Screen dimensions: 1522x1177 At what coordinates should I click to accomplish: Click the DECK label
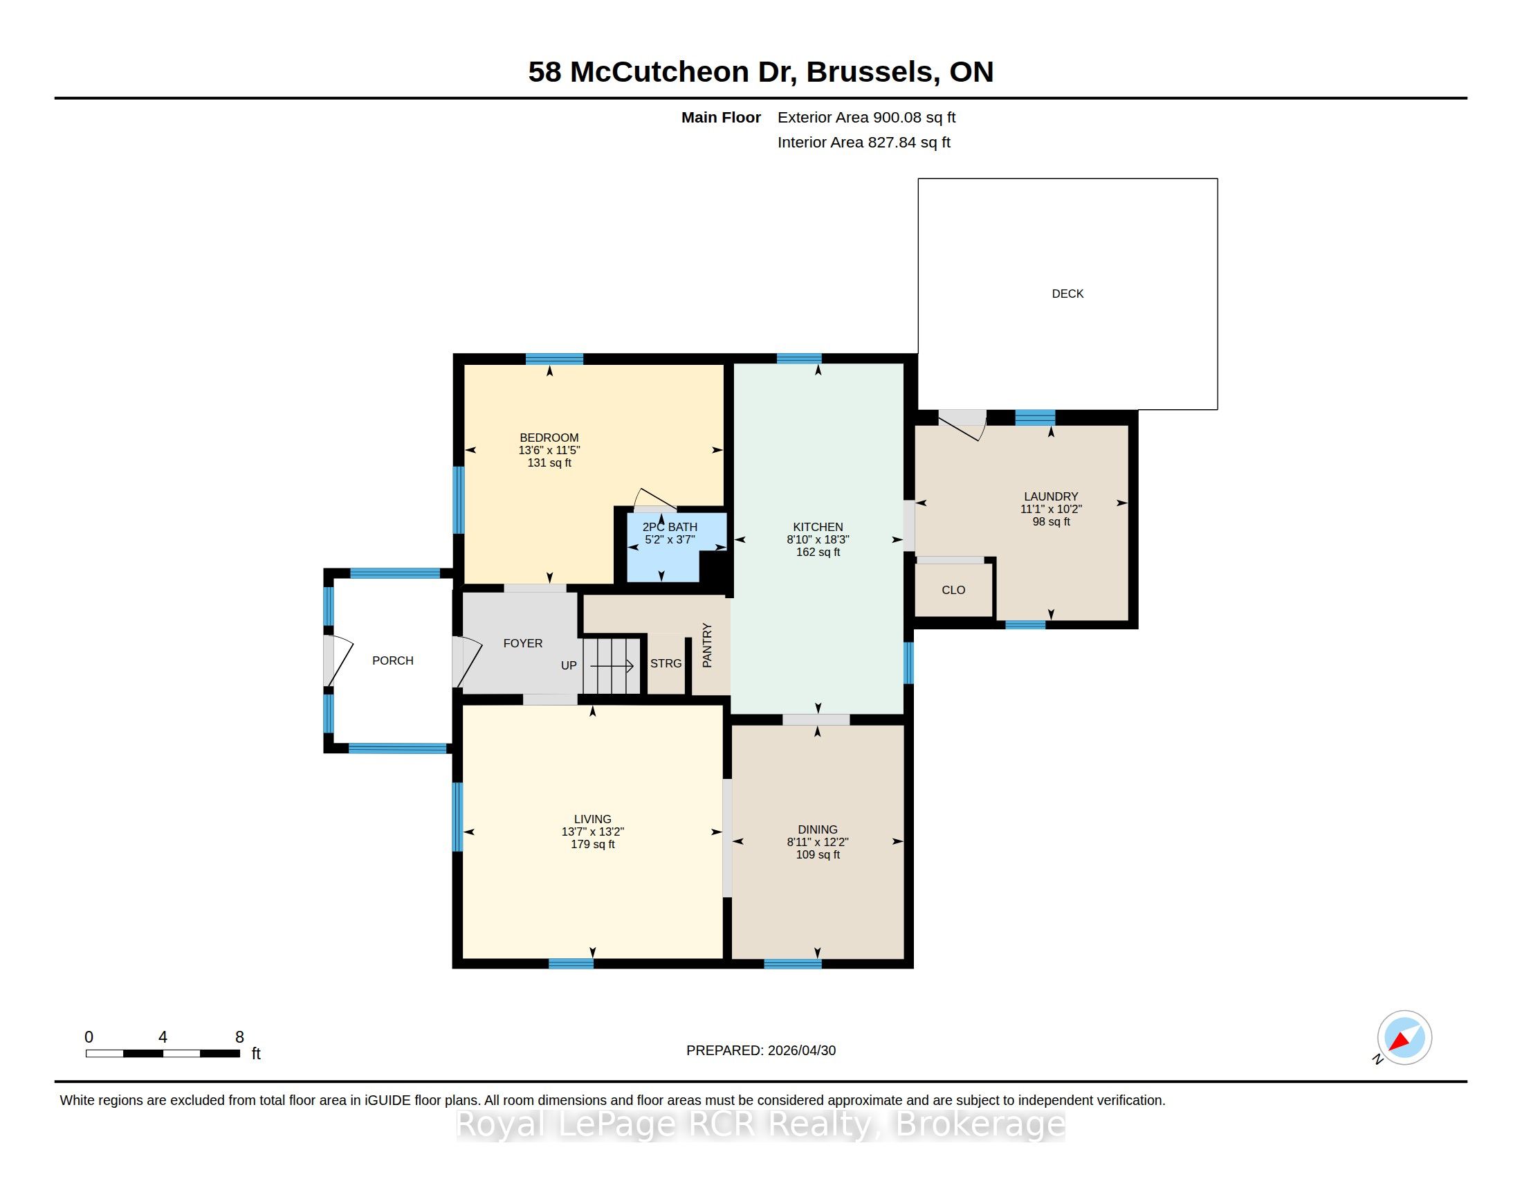(1067, 294)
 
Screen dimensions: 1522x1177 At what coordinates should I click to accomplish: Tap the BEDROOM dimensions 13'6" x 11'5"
(549, 451)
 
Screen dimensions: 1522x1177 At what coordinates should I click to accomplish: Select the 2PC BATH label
(670, 527)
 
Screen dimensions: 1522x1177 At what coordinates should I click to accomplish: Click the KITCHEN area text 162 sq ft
(818, 552)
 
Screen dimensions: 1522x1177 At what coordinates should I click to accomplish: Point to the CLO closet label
(953, 590)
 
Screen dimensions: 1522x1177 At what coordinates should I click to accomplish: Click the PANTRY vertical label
(707, 646)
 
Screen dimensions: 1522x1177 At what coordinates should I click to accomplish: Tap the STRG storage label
(666, 663)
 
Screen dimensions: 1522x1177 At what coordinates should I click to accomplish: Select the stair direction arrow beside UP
(611, 666)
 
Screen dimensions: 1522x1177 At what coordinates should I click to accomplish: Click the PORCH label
(392, 661)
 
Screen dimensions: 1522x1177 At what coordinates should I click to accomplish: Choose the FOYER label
(522, 643)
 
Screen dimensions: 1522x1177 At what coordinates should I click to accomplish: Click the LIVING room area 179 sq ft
(592, 845)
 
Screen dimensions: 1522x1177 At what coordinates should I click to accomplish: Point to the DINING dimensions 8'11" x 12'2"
(818, 843)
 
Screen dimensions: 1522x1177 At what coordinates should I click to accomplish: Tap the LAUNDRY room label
(1051, 496)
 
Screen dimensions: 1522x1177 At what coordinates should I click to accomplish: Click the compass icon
(1404, 1038)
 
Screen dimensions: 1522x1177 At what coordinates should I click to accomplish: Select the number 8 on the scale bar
(240, 1037)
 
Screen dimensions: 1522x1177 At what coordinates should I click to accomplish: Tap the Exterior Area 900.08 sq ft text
(866, 118)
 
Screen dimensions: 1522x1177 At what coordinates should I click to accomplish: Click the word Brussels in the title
(869, 72)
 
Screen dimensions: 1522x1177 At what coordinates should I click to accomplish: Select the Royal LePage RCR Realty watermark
(761, 1123)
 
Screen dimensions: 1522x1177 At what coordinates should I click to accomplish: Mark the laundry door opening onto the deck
(962, 424)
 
